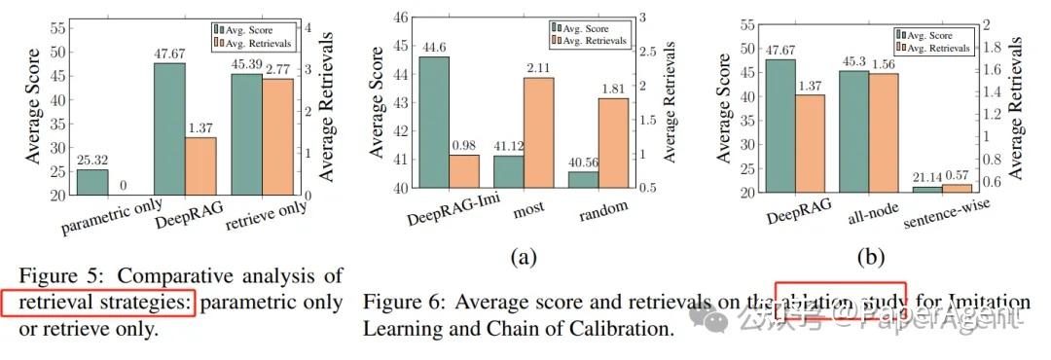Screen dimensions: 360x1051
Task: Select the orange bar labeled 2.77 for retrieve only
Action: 278,136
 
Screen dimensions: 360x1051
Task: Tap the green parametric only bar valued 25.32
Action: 92,182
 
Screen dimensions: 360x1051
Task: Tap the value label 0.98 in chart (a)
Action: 464,145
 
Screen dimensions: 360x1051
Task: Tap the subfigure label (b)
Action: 869,257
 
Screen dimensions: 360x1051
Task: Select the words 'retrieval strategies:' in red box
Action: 98,303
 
